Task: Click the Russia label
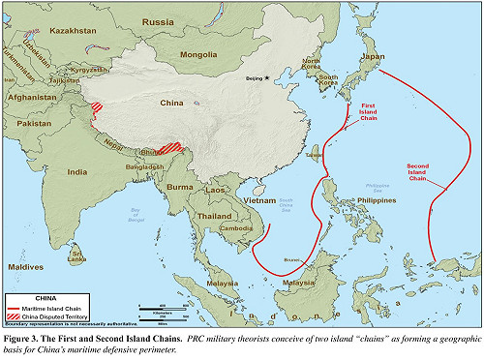pyautogui.click(x=158, y=20)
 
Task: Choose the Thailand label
pyautogui.click(x=215, y=216)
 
